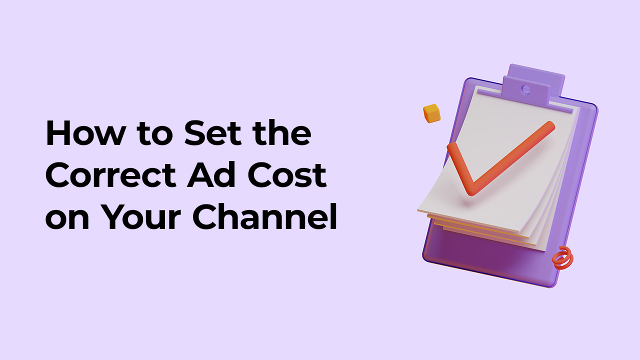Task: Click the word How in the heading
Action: pos(85,133)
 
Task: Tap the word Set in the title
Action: pos(212,133)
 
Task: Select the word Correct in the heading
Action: pos(110,175)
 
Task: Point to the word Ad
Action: pos(211,174)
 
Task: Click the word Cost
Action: pos(287,175)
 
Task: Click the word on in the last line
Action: pos(67,219)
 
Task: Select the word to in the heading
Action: pos(154,134)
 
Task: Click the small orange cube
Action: pos(431,113)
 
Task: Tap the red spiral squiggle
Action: pos(562,258)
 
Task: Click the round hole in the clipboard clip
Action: pos(525,89)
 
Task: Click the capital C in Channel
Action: pos(205,216)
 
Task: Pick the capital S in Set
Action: pos(195,133)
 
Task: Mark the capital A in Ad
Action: pos(199,175)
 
